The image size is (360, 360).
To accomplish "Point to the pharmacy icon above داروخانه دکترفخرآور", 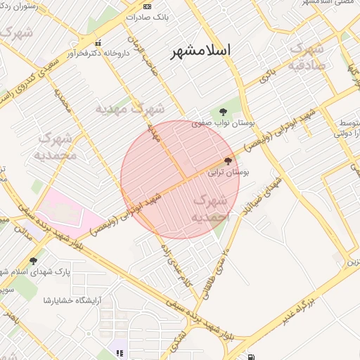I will click(x=97, y=42).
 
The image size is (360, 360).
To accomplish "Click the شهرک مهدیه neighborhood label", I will click(x=130, y=110).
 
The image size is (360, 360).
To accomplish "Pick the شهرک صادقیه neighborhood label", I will click(x=307, y=57).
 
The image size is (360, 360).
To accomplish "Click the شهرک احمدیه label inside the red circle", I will click(x=212, y=208).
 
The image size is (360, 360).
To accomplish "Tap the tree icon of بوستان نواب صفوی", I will click(x=223, y=111).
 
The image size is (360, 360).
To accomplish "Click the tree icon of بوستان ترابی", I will click(x=227, y=161).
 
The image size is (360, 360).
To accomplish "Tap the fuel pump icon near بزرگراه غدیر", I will click(x=251, y=356).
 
